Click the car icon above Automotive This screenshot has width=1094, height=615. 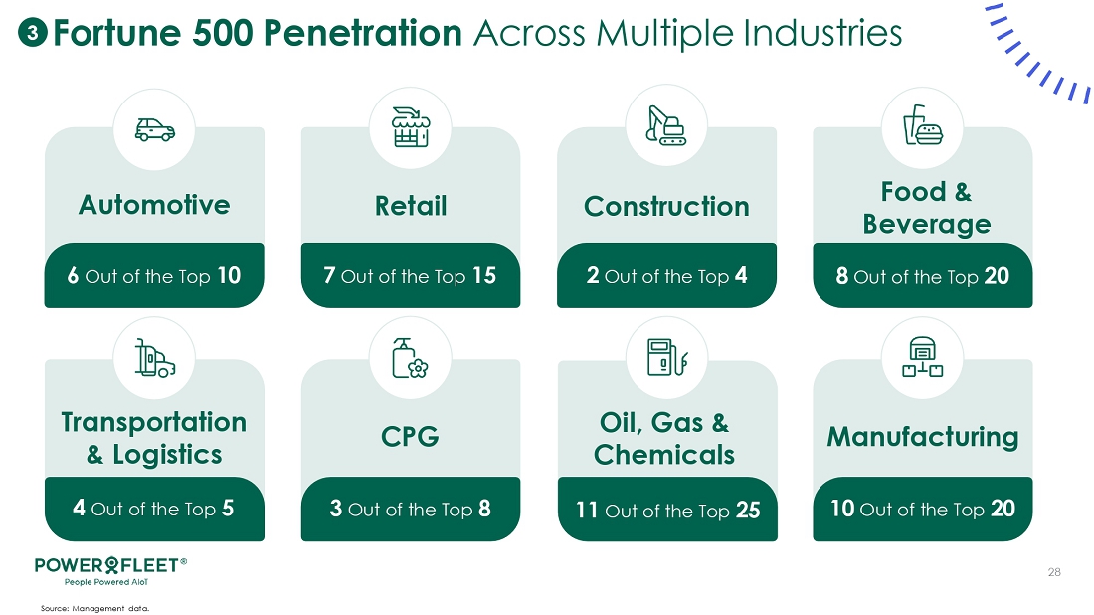tap(155, 129)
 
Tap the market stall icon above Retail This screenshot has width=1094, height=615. tap(411, 127)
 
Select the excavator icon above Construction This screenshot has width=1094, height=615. tap(666, 125)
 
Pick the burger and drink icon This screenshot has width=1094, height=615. tap(922, 125)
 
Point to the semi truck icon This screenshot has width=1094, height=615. tap(155, 358)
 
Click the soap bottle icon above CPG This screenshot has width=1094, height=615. tap(410, 358)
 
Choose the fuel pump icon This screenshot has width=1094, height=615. tap(667, 357)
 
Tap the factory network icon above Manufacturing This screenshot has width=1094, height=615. tap(922, 357)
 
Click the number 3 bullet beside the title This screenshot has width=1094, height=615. tap(32, 32)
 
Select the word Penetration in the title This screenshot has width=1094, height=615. tap(363, 33)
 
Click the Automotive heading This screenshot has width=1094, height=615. tap(154, 205)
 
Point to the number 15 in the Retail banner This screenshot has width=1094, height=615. tap(484, 275)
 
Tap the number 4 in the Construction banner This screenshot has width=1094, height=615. tap(741, 275)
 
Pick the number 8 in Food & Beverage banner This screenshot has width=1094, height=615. tap(842, 276)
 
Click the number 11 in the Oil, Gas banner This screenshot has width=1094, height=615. tap(587, 511)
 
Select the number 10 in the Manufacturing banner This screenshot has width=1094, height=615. tap(842, 509)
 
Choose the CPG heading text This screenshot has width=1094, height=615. tap(410, 437)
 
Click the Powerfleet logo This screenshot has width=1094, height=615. tap(110, 570)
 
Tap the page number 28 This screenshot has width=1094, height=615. tap(1054, 572)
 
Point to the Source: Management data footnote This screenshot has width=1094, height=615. tap(94, 609)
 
